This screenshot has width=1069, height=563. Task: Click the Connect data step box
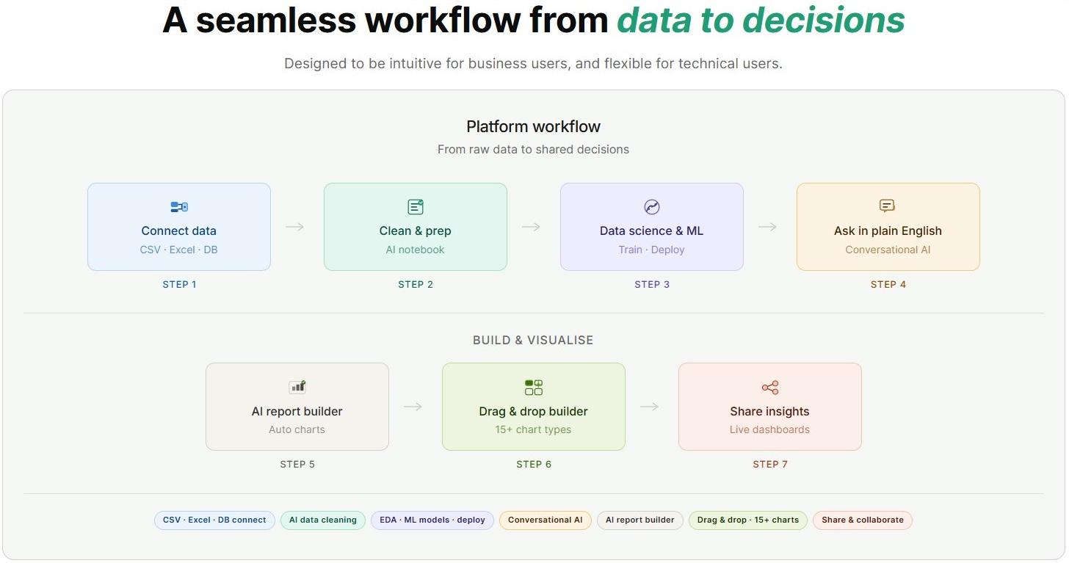coord(178,227)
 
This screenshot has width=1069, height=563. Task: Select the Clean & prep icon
coord(416,207)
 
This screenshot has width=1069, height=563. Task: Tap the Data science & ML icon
coord(652,207)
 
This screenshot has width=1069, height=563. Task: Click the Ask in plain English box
coord(888,227)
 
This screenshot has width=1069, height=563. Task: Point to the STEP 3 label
coord(652,284)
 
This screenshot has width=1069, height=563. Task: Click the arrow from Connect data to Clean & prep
coord(295,227)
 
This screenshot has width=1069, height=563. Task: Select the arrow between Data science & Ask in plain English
coord(768,227)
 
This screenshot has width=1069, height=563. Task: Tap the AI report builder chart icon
coord(297,387)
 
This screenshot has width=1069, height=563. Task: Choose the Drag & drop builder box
coord(533,407)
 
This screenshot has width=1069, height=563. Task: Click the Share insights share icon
coord(770,388)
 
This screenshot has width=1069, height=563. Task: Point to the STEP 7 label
coord(769,464)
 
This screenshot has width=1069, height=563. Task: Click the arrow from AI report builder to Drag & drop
coord(413,407)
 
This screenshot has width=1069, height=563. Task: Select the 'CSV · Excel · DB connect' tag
coord(214,520)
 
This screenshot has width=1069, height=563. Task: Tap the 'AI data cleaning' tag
coord(323,520)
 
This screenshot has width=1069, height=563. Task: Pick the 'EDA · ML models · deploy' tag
coord(432,520)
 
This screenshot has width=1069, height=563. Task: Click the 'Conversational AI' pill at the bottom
coord(545,520)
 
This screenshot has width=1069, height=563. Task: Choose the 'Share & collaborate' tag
coord(863,520)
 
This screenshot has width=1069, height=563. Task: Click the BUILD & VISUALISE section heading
coord(533,341)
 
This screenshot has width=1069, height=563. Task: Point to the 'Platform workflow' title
coord(533,126)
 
